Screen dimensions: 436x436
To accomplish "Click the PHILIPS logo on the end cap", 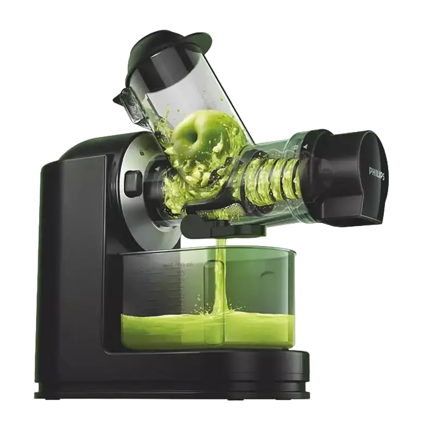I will coord(377,173).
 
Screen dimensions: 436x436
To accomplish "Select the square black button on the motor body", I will coord(133,183).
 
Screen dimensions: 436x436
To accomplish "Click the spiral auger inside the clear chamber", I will coord(272,177).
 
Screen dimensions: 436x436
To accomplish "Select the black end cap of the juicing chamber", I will coord(354,174).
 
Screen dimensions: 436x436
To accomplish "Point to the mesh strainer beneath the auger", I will coord(229,210).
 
